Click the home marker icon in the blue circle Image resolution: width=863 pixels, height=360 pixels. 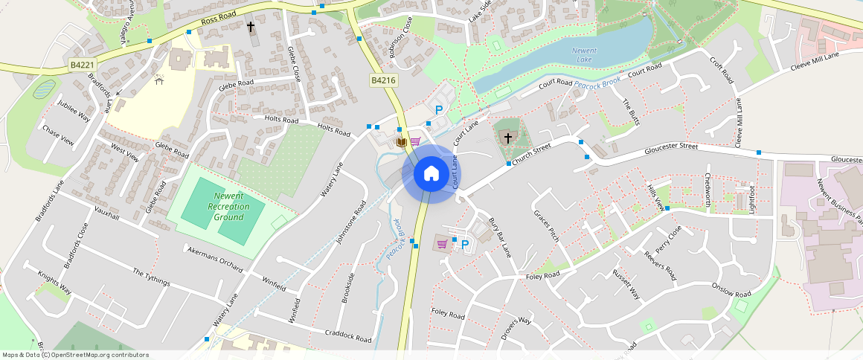pyautogui.click(x=431, y=173)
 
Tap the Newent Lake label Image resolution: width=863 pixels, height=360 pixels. pyautogui.click(x=585, y=54)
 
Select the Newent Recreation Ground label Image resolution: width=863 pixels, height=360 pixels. pyautogui.click(x=229, y=206)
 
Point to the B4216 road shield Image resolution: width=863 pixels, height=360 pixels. pyautogui.click(x=382, y=80)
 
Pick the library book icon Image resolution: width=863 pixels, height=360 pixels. pyautogui.click(x=402, y=141)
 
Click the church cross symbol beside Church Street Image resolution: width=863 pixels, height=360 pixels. pyautogui.click(x=508, y=138)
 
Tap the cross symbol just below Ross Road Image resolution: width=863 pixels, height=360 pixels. pyautogui.click(x=251, y=28)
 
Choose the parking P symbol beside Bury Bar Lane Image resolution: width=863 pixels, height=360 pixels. pyautogui.click(x=465, y=244)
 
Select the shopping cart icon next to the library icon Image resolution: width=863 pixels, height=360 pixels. pyautogui.click(x=415, y=141)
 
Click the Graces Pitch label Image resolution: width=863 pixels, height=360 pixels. pyautogui.click(x=546, y=225)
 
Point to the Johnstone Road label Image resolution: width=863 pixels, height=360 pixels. pyautogui.click(x=352, y=222)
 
